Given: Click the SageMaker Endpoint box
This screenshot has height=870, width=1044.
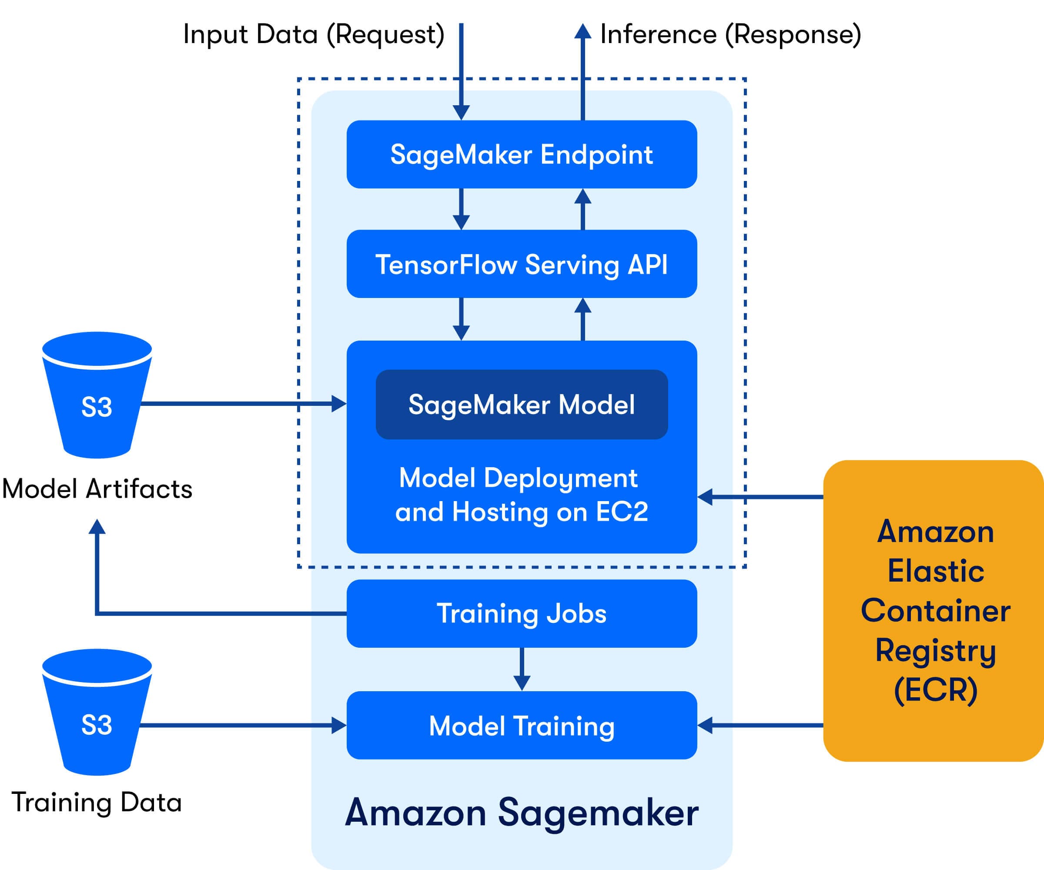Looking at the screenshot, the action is click(x=522, y=154).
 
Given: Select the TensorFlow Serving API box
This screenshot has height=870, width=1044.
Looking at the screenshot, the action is click(x=522, y=264).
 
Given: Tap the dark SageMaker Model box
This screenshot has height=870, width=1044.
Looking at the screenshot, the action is click(x=522, y=404).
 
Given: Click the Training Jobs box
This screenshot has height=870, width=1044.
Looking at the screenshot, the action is click(x=522, y=613).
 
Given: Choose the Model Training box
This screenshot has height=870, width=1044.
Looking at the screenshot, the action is click(x=522, y=725).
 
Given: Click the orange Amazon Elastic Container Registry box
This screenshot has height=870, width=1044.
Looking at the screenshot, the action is click(x=934, y=611).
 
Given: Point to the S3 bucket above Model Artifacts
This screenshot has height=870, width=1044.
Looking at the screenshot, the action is click(x=97, y=395).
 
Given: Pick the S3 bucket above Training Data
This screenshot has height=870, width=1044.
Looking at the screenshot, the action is click(x=97, y=712).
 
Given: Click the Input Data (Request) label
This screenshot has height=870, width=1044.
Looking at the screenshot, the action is click(x=314, y=35).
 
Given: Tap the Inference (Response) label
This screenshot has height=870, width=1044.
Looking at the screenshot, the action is click(x=731, y=35).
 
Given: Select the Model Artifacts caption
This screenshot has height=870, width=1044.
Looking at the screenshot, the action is click(x=97, y=488).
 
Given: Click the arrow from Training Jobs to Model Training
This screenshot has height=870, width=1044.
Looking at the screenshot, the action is click(x=522, y=669).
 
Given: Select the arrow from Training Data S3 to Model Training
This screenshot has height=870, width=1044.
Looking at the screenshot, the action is click(x=243, y=725).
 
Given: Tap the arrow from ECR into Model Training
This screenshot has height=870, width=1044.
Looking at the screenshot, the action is click(x=760, y=725).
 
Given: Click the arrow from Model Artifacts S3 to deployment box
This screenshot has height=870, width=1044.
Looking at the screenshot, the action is click(x=244, y=404).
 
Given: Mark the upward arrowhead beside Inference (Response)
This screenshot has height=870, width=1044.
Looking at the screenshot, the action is click(x=582, y=31).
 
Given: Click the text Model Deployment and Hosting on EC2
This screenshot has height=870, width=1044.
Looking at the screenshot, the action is click(x=522, y=495).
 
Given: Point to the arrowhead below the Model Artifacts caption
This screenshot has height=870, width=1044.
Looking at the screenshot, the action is click(x=97, y=526).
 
